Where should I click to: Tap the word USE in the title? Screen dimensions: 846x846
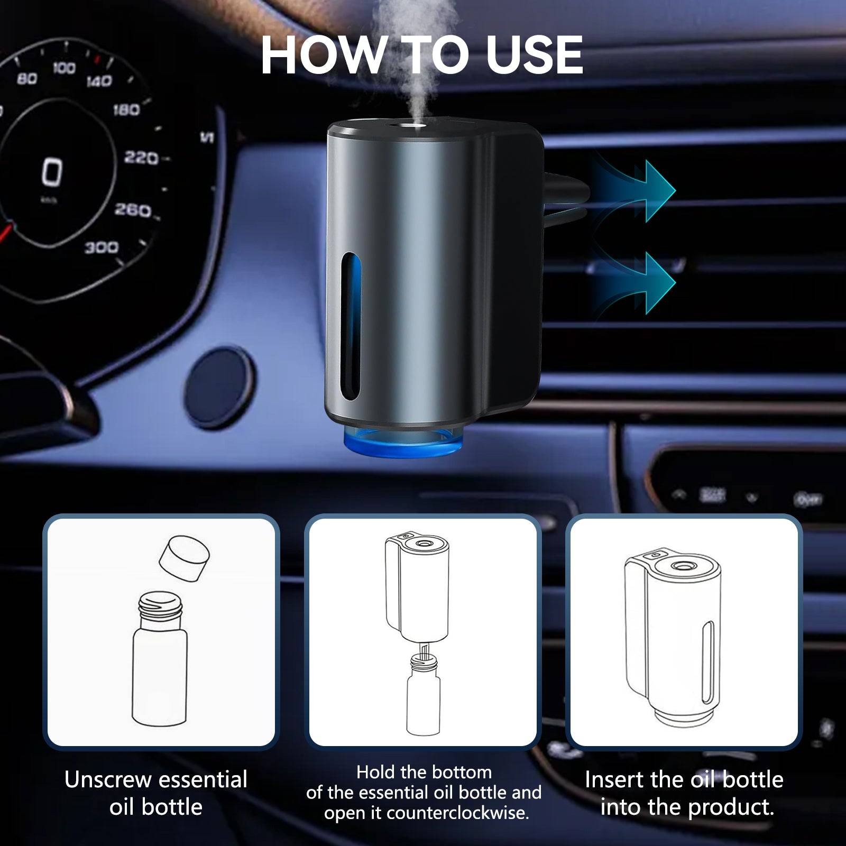point(534,56)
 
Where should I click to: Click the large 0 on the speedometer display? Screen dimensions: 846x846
point(52,172)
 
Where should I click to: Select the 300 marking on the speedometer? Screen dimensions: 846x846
point(102,247)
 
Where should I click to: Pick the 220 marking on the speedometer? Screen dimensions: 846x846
point(141,158)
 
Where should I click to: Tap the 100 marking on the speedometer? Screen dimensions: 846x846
point(63,68)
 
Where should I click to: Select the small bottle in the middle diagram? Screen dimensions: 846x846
point(423,698)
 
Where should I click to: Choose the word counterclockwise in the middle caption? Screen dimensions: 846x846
point(457,813)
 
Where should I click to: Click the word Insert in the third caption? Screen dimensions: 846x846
point(613,780)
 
